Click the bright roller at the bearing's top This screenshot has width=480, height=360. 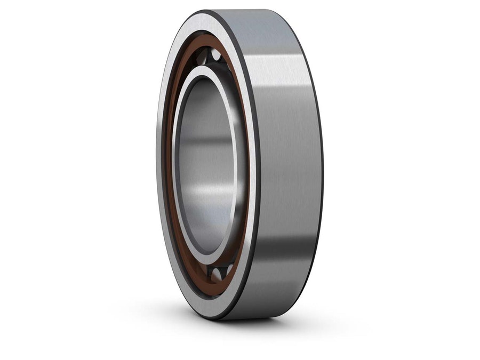[x=216, y=54]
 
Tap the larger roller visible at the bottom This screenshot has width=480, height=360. [x=217, y=275]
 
